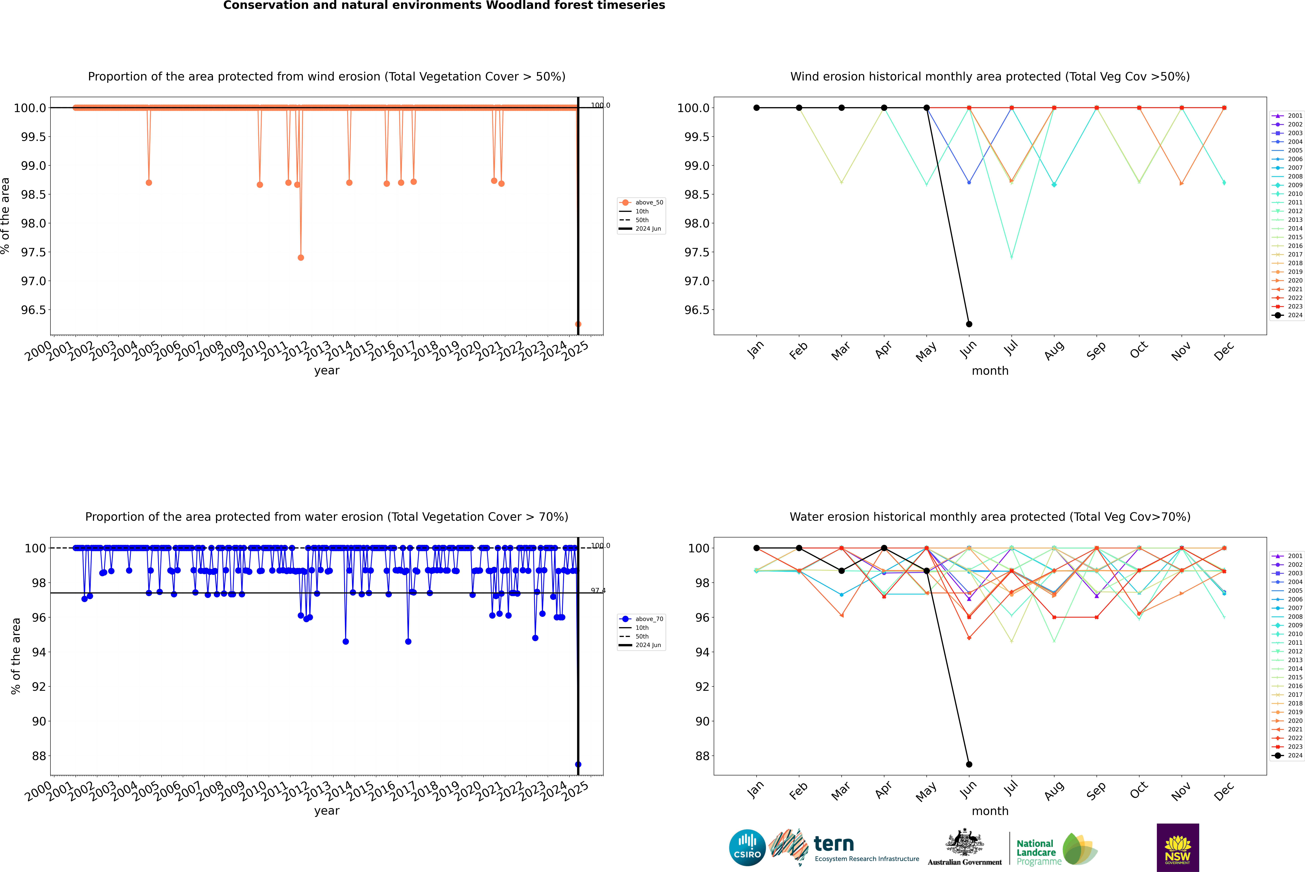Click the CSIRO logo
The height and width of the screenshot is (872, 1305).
coord(747,848)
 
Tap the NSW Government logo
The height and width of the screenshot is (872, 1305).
coord(1178,848)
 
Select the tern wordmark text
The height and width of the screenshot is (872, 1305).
coord(833,844)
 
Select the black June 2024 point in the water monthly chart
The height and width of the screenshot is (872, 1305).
coord(969,764)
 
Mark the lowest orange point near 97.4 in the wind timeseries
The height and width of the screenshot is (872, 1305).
coord(301,258)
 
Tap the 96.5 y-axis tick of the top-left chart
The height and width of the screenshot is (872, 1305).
coord(33,310)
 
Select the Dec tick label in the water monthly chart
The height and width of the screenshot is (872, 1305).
coord(1224,791)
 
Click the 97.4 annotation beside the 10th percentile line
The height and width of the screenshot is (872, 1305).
coord(598,591)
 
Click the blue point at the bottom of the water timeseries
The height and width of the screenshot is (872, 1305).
coord(578,764)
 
